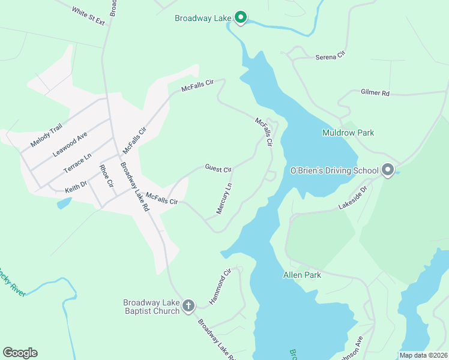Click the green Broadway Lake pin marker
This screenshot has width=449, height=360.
(240, 18)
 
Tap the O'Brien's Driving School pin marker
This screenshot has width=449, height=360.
(387, 170)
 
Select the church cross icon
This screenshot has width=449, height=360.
(188, 306)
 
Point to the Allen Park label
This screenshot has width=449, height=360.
(302, 275)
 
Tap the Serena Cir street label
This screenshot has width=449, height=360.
(331, 56)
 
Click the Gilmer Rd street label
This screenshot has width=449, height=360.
(375, 93)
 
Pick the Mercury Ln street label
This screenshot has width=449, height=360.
(224, 200)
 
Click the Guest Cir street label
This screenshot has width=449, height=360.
(218, 169)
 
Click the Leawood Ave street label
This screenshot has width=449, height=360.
(70, 145)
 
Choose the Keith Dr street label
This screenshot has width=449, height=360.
(76, 189)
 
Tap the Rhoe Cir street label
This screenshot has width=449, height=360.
(106, 175)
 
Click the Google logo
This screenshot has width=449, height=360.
(20, 353)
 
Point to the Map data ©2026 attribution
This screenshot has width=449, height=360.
(423, 355)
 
